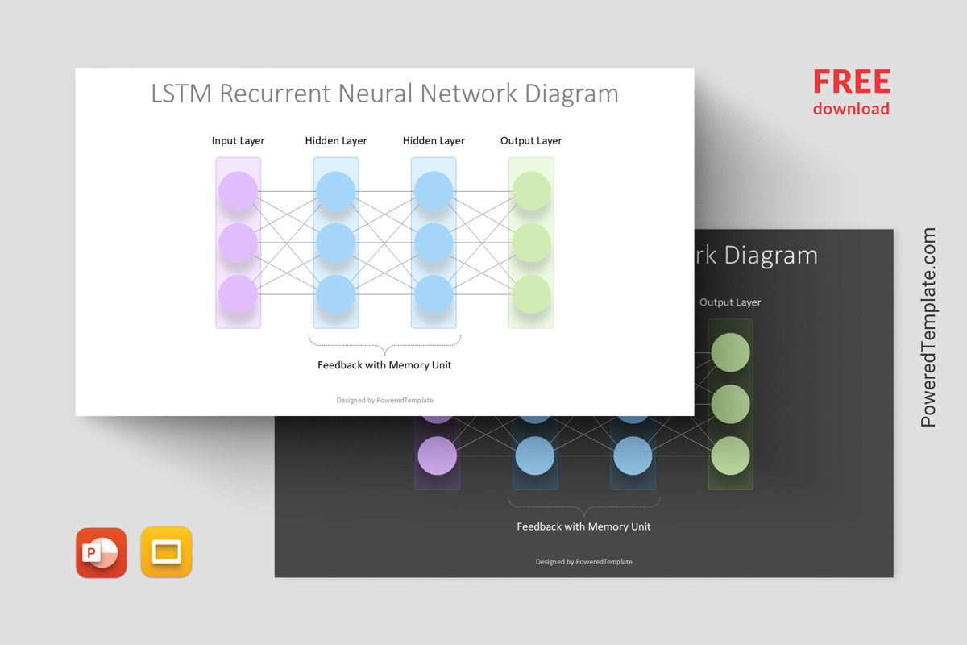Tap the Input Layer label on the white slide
click(x=238, y=140)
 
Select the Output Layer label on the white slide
click(x=531, y=140)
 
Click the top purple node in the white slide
click(x=238, y=191)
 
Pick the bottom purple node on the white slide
click(x=238, y=294)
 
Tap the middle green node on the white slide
click(x=531, y=243)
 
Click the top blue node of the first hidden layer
click(x=335, y=191)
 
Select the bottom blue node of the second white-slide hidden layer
click(x=434, y=294)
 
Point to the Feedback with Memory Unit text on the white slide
click(x=384, y=365)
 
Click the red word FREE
click(x=851, y=82)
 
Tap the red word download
click(x=851, y=109)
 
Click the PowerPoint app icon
click(x=102, y=553)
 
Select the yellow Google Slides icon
click(x=166, y=552)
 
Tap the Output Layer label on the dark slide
click(x=730, y=302)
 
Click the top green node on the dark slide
click(x=730, y=352)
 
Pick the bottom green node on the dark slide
click(x=730, y=456)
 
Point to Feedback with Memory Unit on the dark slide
click(x=583, y=526)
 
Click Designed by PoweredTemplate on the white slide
click(x=384, y=400)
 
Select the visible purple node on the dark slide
click(x=437, y=456)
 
